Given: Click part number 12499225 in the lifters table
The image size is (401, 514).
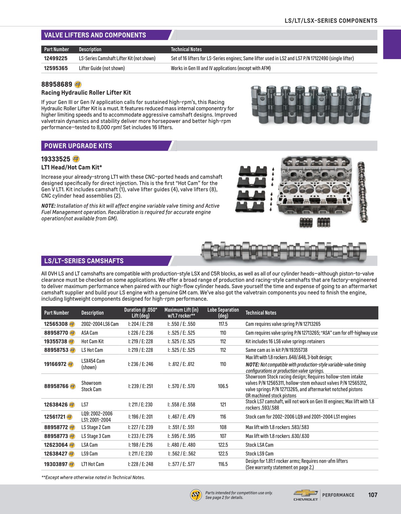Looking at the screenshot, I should [x=56, y=58].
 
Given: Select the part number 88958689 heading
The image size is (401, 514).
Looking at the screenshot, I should [x=57, y=84].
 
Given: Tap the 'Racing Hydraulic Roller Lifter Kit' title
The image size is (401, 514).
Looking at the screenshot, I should [x=86, y=93].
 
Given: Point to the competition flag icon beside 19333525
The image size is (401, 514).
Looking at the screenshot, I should [x=76, y=159].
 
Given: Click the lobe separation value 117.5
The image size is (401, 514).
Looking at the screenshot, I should [x=223, y=324].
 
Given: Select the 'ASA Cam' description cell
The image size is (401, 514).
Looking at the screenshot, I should [x=89, y=333].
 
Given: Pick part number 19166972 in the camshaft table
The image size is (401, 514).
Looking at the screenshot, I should [x=55, y=364].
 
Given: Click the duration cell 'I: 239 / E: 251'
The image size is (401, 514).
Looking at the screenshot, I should [x=140, y=386].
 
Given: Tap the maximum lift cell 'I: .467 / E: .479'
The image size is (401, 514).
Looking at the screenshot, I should [x=181, y=417].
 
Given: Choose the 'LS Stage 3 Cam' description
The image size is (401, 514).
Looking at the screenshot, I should [x=96, y=436].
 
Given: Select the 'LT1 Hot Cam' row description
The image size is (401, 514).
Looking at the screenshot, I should [x=92, y=464].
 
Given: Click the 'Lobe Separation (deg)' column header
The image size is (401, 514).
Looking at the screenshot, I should [x=223, y=313].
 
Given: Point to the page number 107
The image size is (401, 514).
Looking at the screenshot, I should [x=372, y=495].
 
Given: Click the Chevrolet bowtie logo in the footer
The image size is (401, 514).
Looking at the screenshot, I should [x=305, y=493].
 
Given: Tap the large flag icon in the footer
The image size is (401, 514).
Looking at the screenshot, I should [x=196, y=495].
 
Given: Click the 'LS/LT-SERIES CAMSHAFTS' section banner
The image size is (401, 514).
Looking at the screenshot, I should [x=84, y=261].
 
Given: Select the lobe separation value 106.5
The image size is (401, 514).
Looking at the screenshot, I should [x=223, y=386].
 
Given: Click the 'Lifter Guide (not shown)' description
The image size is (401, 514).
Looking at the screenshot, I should [x=102, y=68].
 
